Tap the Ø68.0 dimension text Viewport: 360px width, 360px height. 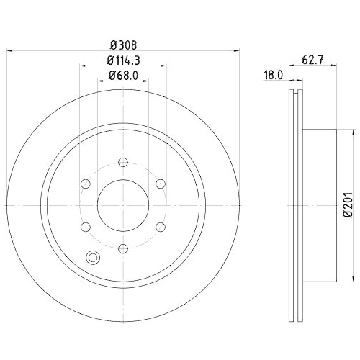123,76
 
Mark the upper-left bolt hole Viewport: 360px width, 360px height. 84,183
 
